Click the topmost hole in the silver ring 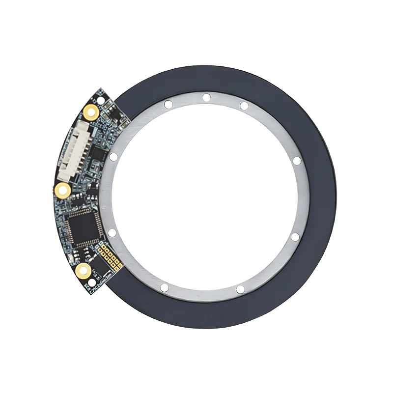(x=206, y=97)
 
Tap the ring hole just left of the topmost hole (x=168, y=104)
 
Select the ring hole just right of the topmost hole (x=244, y=106)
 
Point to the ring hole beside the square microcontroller (x=112, y=232)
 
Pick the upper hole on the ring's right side (x=296, y=161)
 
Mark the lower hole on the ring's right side (x=295, y=237)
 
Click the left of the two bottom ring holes (x=165, y=287)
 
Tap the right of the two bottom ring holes (x=240, y=289)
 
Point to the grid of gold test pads (x=110, y=256)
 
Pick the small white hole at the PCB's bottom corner (x=91, y=283)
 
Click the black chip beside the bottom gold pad (x=100, y=268)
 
